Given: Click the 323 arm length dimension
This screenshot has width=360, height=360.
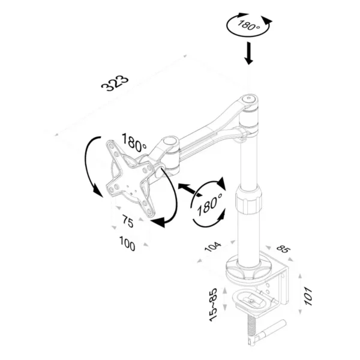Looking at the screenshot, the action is coord(115,83).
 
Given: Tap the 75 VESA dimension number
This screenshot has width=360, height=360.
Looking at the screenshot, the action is coord(128,221).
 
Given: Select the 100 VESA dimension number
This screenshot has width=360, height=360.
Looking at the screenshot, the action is coord(127,244).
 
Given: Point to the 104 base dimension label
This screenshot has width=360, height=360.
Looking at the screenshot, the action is coord(213,247).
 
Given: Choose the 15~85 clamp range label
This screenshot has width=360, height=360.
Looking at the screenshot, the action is coord(213,305).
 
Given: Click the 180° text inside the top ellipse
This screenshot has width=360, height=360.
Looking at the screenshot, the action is coord(248,25).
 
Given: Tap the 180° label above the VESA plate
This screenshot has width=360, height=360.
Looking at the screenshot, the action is coord(134,143).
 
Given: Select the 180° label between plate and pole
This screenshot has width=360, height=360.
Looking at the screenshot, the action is coord(209,204).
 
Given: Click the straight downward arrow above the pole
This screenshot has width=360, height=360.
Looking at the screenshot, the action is coord(248,53).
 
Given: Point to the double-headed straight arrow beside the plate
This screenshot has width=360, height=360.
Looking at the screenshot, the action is coord(190,190).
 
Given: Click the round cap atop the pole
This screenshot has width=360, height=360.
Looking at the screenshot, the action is coord(249,99).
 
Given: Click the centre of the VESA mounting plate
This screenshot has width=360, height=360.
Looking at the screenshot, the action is coord(130,178).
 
